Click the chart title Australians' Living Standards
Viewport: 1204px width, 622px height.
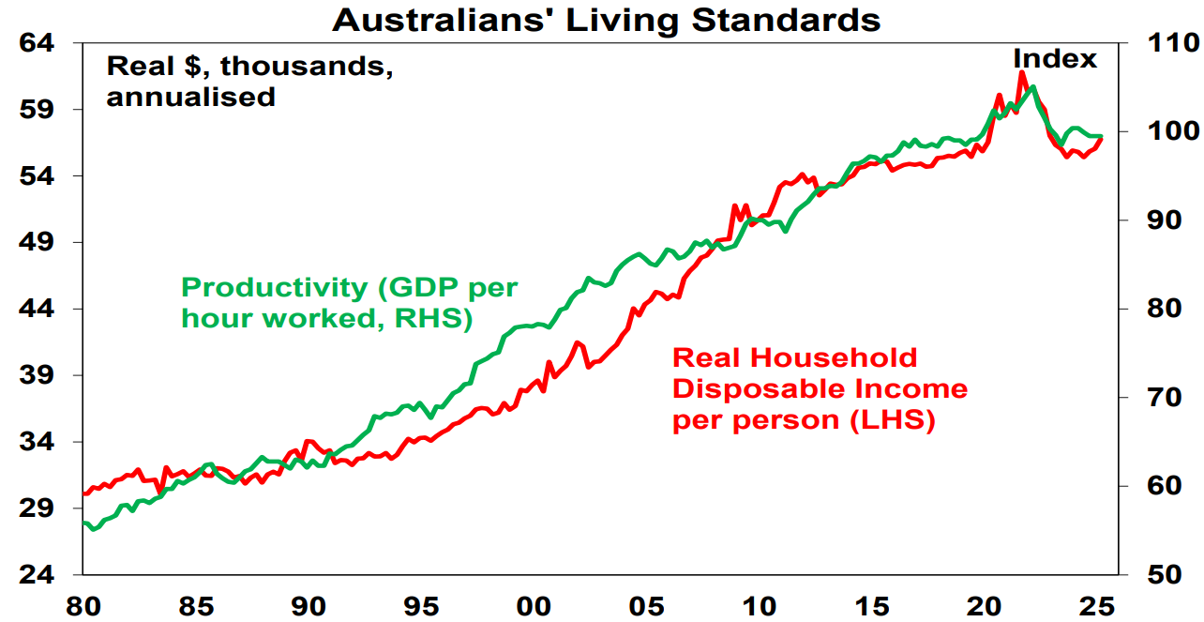606,20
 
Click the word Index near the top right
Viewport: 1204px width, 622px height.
1054,59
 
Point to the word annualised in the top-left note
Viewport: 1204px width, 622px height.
190,97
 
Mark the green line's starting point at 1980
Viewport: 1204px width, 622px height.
83,523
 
